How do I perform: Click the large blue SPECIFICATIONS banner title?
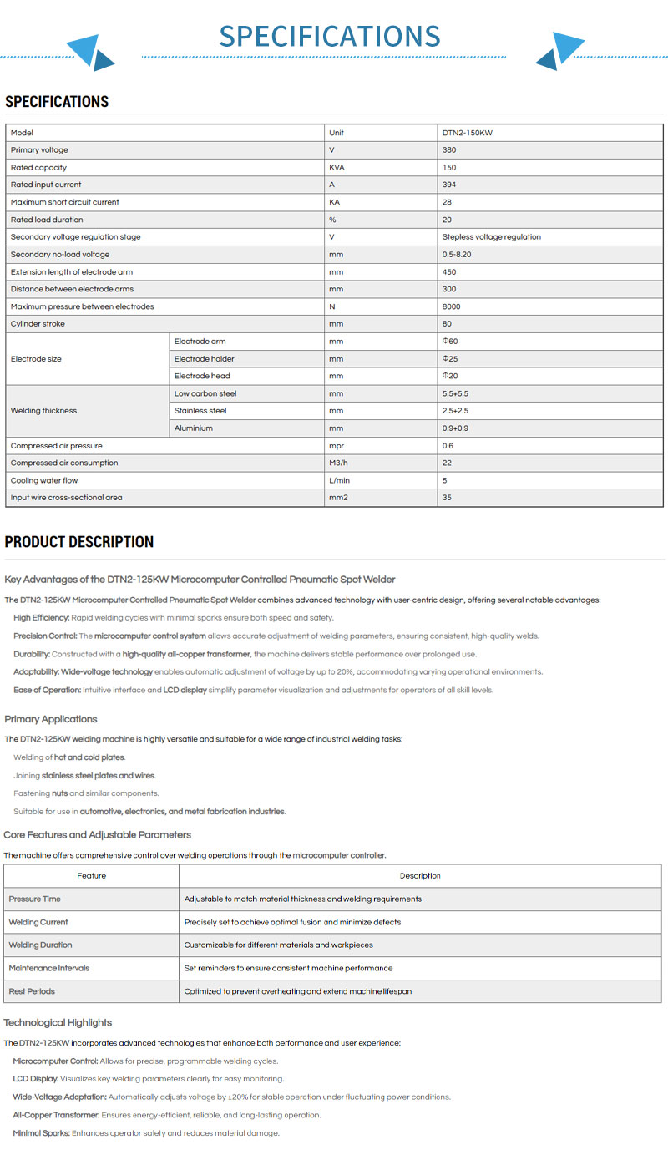pyautogui.click(x=329, y=36)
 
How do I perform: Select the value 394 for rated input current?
pyautogui.click(x=449, y=185)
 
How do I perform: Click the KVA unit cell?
pyautogui.click(x=338, y=168)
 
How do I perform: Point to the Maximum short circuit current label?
pyautogui.click(x=65, y=202)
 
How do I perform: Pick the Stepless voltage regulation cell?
pyautogui.click(x=491, y=237)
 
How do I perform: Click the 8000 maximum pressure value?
pyautogui.click(x=451, y=306)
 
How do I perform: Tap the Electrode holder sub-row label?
pyautogui.click(x=205, y=359)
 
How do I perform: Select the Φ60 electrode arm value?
pyautogui.click(x=450, y=342)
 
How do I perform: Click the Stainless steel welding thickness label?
pyautogui.click(x=200, y=411)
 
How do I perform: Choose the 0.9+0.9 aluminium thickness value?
pyautogui.click(x=455, y=428)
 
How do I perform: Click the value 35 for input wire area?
pyautogui.click(x=448, y=498)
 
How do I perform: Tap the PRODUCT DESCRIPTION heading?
pyautogui.click(x=79, y=542)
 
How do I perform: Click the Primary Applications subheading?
pyautogui.click(x=51, y=719)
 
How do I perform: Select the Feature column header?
pyautogui.click(x=92, y=876)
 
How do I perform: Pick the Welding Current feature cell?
pyautogui.click(x=38, y=922)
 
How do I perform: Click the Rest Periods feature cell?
pyautogui.click(x=32, y=991)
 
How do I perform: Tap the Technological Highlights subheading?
pyautogui.click(x=58, y=1023)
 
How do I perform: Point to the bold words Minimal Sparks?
pyautogui.click(x=41, y=1133)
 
